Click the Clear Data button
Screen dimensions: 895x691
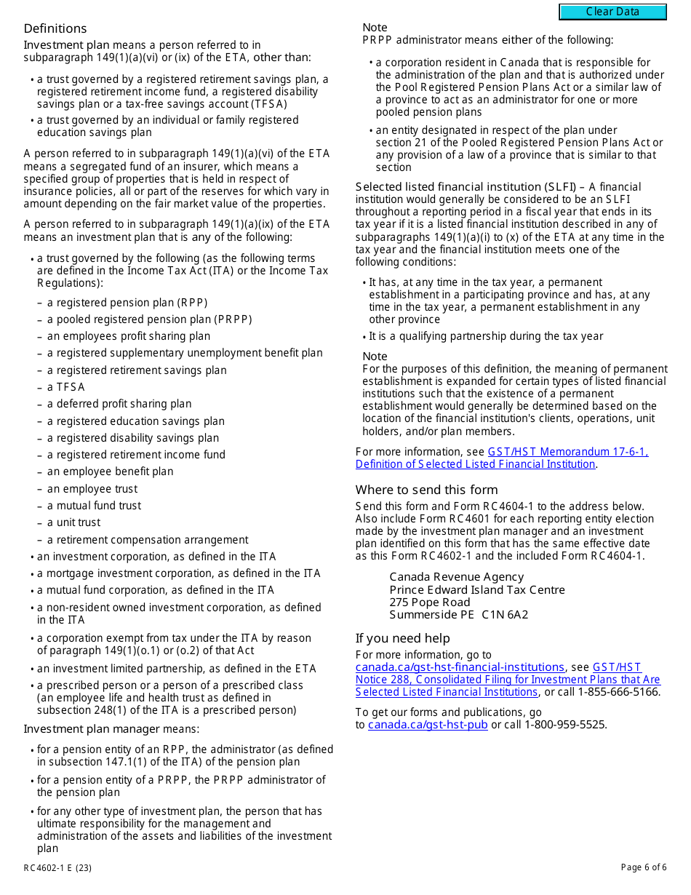point(612,12)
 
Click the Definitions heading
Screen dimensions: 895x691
point(55,28)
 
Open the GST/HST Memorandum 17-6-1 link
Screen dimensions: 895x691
point(567,452)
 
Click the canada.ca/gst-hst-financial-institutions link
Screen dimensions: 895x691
point(460,667)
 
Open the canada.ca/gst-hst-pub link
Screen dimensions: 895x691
point(428,725)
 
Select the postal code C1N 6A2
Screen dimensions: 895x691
point(505,615)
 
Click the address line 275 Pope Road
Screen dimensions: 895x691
point(430,602)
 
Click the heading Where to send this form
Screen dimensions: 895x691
point(426,490)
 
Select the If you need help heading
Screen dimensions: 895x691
point(402,638)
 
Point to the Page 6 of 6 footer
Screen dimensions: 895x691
point(643,867)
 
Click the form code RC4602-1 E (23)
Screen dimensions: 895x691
point(57,867)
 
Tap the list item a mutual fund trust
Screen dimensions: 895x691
point(95,506)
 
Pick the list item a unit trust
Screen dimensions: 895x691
point(74,522)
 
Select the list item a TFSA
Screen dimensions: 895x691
point(66,387)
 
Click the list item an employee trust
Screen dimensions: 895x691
point(92,489)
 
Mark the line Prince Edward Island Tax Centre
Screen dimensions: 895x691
point(476,590)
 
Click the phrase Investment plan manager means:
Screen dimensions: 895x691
point(111,729)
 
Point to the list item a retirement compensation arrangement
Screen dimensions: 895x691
point(148,540)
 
